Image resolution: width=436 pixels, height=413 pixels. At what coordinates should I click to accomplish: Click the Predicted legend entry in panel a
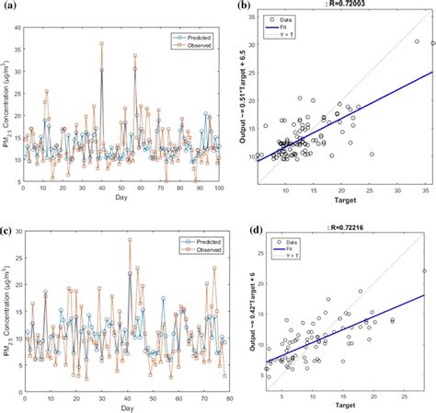[x=194, y=36]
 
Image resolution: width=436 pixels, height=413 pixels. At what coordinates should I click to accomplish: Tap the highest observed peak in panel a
[x=102, y=42]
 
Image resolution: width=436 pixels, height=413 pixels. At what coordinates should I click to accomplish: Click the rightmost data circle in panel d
[x=425, y=270]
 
